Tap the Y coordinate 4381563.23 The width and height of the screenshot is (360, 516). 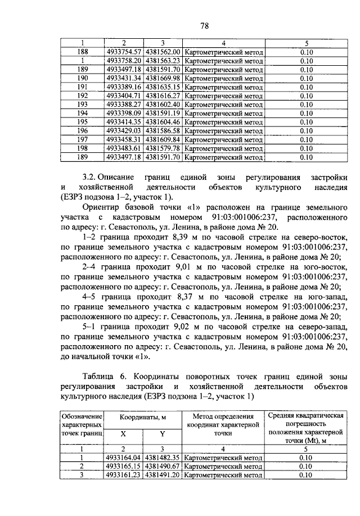coord(162,61)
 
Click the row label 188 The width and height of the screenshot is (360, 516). coord(82,52)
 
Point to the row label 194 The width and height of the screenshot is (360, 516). coord(82,113)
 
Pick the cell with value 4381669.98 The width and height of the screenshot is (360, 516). coord(162,78)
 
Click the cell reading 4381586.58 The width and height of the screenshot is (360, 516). coord(162,130)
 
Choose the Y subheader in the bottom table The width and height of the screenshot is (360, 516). coord(162,434)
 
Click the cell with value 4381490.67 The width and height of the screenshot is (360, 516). coord(162,467)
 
